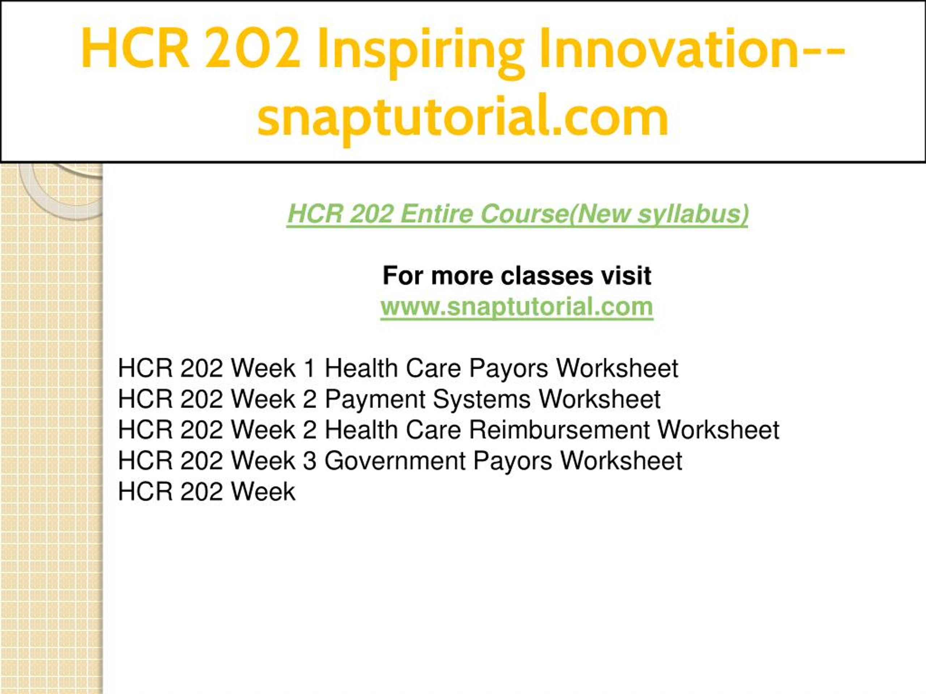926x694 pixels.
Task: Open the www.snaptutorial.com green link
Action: [517, 307]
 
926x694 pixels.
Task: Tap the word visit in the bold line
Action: [626, 276]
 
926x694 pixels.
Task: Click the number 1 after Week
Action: [309, 368]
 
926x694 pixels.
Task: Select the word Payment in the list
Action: [375, 399]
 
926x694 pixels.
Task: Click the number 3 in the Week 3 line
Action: [309, 460]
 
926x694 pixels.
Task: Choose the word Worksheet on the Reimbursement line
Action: [718, 430]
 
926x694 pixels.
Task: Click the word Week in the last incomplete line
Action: [263, 491]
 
